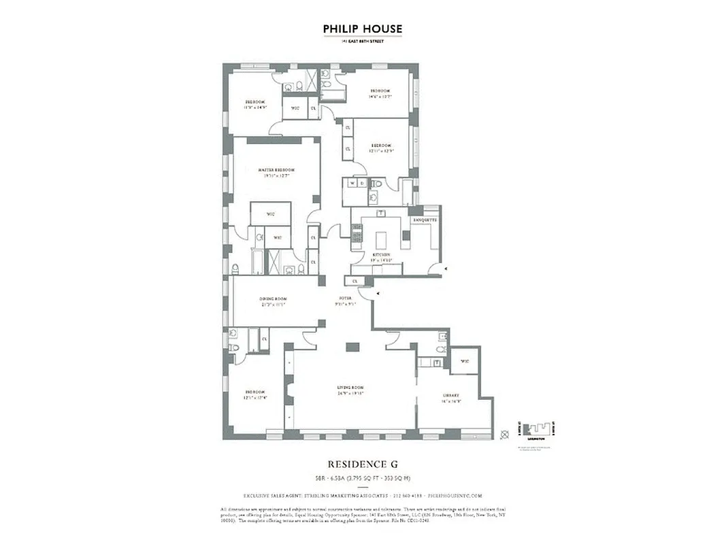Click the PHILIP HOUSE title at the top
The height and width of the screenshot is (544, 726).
click(363, 29)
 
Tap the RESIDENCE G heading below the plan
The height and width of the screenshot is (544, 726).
click(363, 464)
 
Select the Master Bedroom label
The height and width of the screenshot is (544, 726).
click(276, 169)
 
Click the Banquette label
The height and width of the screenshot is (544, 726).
click(425, 220)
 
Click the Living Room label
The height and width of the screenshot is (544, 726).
click(350, 388)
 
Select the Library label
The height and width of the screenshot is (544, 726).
click(450, 395)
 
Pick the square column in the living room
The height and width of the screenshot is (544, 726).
click(352, 347)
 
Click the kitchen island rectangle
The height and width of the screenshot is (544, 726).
click(383, 240)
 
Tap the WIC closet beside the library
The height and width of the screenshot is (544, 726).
click(465, 361)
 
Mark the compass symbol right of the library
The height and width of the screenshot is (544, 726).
click(504, 434)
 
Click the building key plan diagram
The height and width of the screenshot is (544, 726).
click(538, 432)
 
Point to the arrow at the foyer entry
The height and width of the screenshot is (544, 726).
click(378, 293)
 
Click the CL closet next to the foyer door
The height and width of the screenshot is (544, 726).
click(354, 280)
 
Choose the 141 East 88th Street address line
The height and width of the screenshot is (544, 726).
click(363, 42)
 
